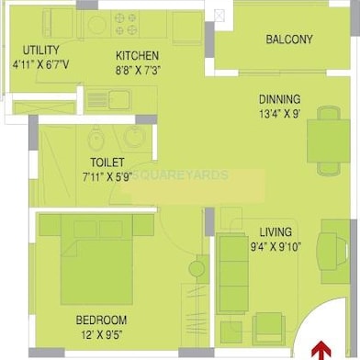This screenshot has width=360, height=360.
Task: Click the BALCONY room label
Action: [288, 39]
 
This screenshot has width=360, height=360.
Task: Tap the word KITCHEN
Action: [137, 55]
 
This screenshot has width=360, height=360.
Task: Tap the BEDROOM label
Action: [101, 321]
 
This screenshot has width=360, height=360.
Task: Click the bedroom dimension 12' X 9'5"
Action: [101, 335]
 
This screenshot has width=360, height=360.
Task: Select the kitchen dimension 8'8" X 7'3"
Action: [137, 69]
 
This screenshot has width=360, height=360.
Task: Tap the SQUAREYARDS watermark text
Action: [180, 173]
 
